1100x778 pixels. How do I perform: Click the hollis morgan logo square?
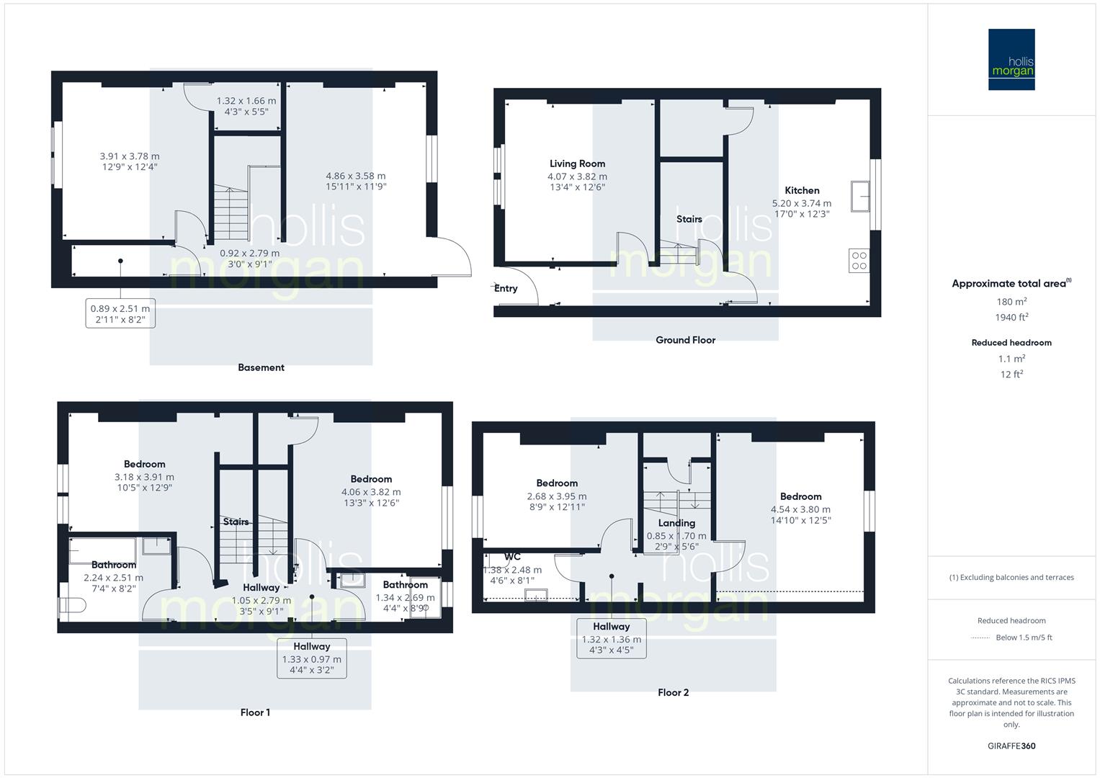click(x=1011, y=59)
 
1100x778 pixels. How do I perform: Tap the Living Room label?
click(x=577, y=164)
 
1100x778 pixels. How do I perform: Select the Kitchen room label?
click(x=802, y=190)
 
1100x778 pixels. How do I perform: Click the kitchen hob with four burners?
click(x=859, y=260)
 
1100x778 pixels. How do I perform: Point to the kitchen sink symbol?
click(x=859, y=196)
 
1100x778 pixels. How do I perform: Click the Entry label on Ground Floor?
click(x=506, y=288)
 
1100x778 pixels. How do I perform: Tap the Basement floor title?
click(x=261, y=367)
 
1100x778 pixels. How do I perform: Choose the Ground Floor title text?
click(x=685, y=340)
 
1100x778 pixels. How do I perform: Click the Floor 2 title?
click(x=673, y=692)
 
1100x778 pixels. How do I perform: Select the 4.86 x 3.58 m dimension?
click(x=355, y=176)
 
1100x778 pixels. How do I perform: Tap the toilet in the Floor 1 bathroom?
click(x=71, y=605)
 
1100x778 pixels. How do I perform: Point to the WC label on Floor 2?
click(x=512, y=557)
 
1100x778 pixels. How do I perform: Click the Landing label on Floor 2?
click(x=676, y=523)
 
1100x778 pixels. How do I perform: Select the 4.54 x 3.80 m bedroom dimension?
click(x=800, y=509)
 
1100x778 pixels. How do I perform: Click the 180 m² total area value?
click(x=1011, y=302)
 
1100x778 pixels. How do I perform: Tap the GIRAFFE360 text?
click(x=1011, y=746)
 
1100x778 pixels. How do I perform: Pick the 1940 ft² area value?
click(x=1011, y=317)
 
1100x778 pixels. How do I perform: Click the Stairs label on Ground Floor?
click(x=689, y=219)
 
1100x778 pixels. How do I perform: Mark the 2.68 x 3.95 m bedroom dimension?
click(x=556, y=496)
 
